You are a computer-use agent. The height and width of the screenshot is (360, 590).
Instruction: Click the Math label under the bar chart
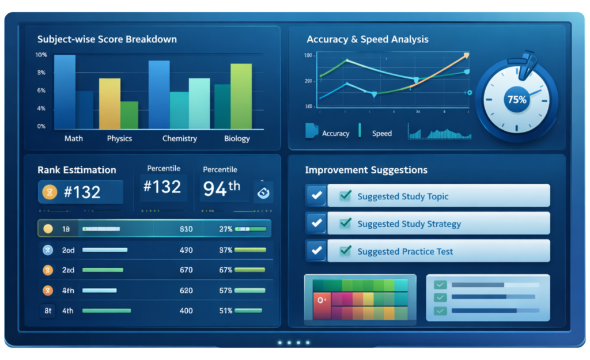click(73, 138)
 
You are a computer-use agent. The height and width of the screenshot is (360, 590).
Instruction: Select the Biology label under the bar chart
click(237, 138)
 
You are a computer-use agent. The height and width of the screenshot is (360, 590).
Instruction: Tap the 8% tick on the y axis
click(41, 73)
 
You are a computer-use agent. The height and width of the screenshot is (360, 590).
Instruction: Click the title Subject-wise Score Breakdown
click(107, 40)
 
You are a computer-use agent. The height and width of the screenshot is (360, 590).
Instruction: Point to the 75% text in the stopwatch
click(516, 100)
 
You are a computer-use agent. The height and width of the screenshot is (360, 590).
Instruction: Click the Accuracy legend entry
click(335, 134)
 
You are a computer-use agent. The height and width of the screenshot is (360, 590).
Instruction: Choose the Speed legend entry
click(381, 134)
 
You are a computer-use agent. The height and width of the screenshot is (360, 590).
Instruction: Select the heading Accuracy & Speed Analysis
click(367, 40)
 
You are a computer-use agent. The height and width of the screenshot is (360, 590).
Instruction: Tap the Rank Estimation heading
click(77, 170)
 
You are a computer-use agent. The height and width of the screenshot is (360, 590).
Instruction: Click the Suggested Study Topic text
click(402, 196)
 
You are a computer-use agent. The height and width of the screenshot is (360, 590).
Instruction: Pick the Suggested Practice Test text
click(404, 252)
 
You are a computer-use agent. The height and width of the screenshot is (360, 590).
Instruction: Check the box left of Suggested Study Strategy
click(316, 223)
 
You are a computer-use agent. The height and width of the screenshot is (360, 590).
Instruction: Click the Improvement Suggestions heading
click(366, 170)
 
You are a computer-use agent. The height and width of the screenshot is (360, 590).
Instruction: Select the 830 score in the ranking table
click(186, 229)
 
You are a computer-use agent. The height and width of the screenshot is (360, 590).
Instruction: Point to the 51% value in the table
click(225, 311)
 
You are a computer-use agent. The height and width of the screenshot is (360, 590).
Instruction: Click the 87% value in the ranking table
click(225, 250)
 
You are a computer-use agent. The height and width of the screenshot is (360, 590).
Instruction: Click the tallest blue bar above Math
click(65, 92)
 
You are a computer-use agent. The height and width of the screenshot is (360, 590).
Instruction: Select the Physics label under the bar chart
click(119, 138)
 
